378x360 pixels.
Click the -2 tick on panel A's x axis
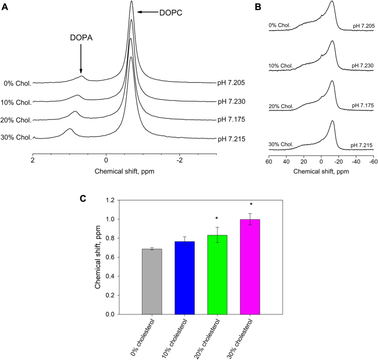[x=179, y=161]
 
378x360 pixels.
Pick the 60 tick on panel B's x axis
[x=269, y=161]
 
